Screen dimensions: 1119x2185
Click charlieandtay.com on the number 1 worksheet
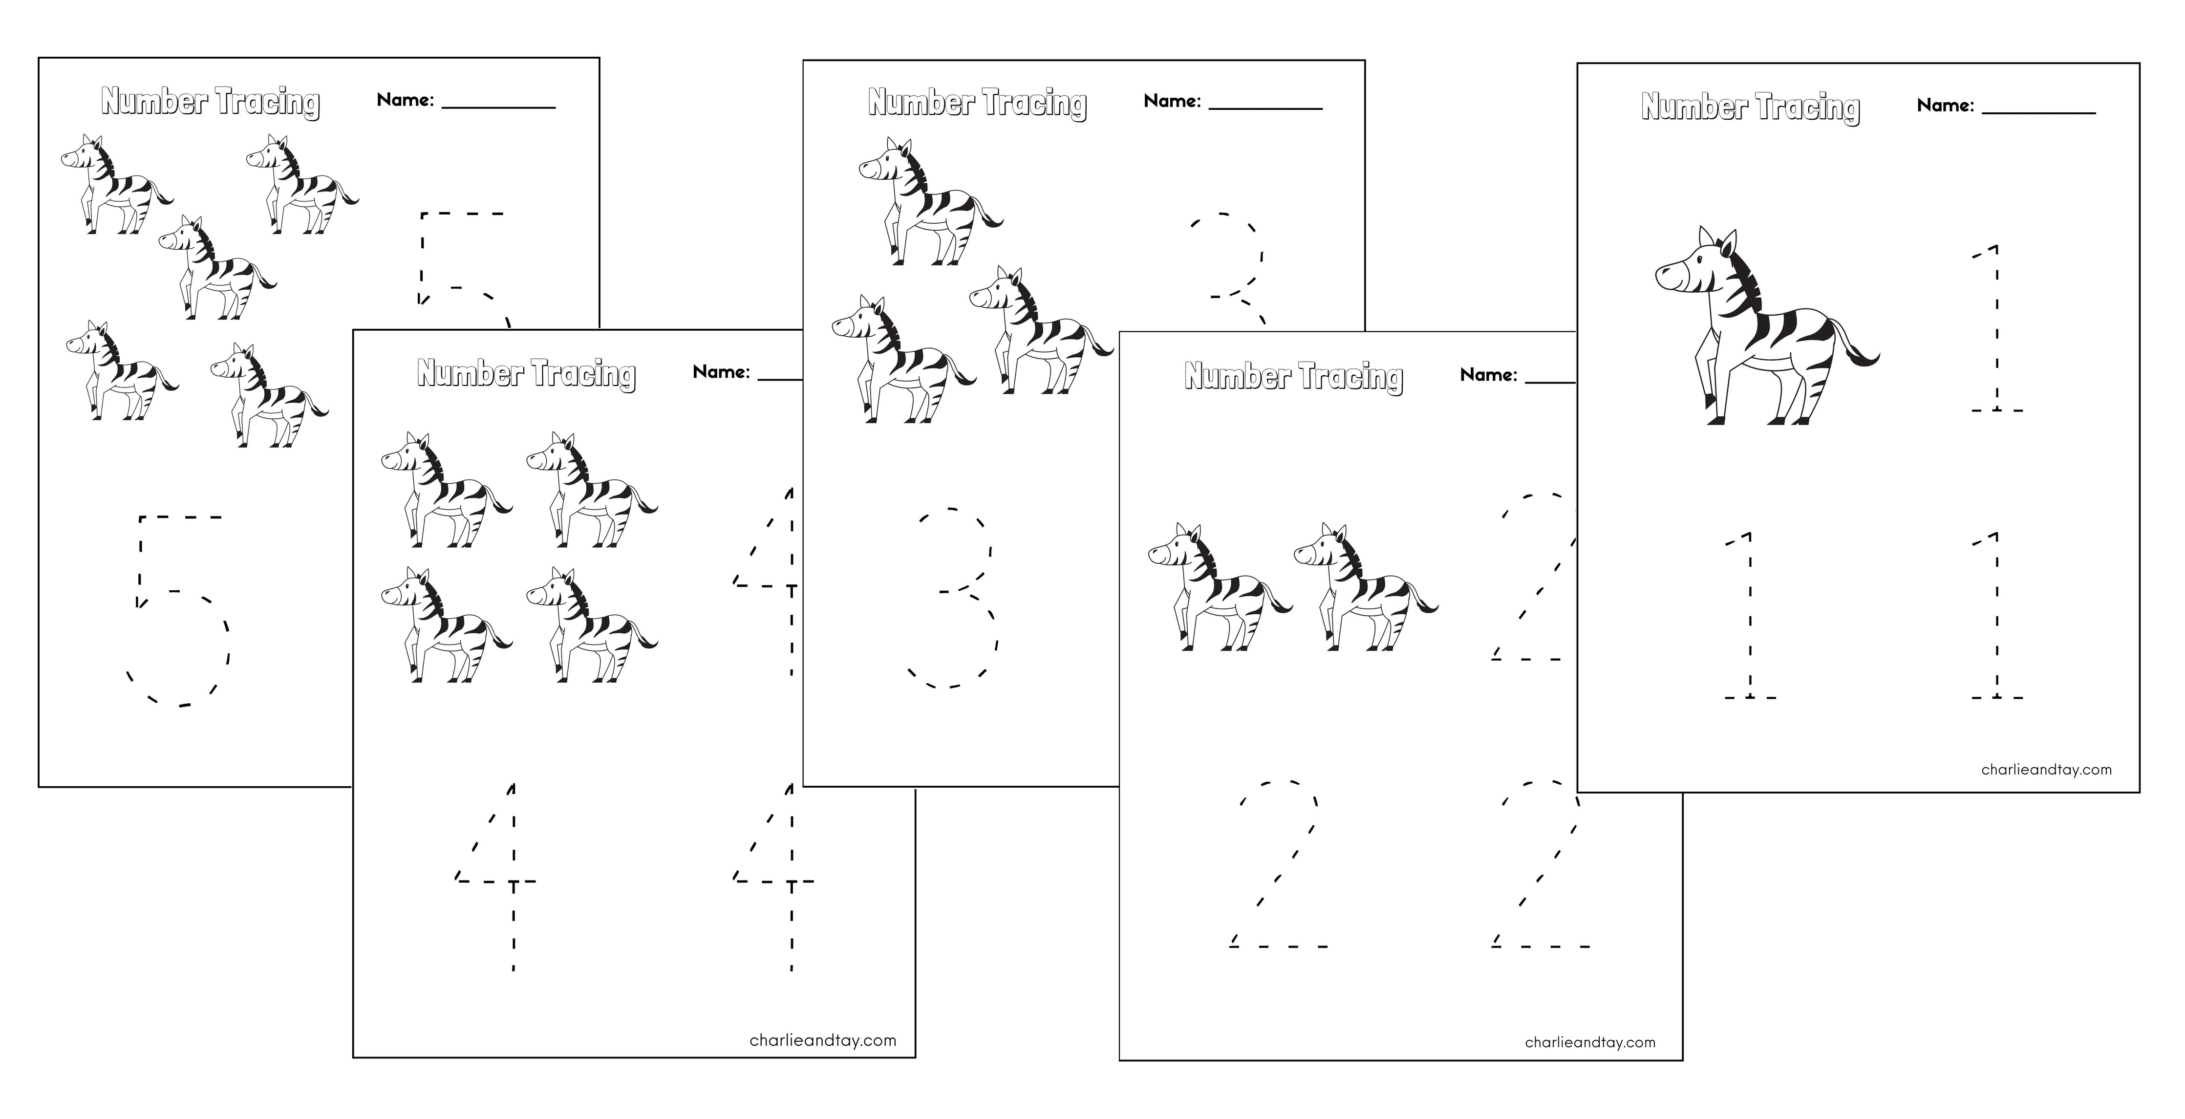[2046, 770]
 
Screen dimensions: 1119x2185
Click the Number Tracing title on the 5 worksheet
[211, 102]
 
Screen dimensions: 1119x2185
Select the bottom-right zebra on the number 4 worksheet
[590, 625]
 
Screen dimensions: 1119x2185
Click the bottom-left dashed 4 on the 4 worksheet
[500, 878]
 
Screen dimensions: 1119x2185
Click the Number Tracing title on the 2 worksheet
[1293, 376]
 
